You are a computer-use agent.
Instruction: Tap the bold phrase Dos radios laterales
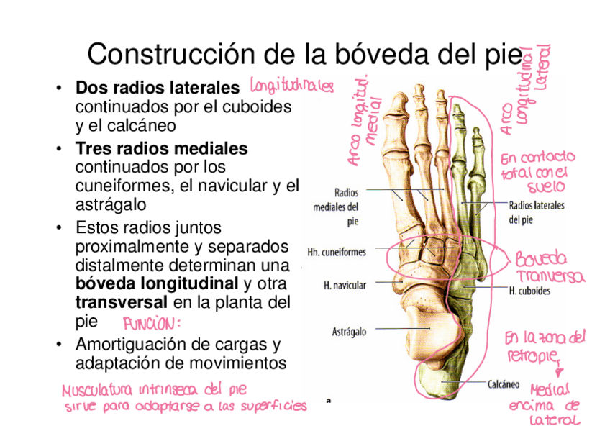pos(158,89)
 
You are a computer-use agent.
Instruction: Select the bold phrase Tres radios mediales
pos(161,149)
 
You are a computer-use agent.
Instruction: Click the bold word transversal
pos(122,301)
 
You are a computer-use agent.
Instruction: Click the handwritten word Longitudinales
pos(291,87)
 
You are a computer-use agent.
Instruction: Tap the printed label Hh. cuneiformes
pos(337,253)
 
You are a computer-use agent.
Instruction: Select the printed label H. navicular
pos(345,286)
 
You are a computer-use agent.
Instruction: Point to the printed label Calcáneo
pos(504,384)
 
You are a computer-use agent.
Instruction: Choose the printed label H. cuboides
pos(529,291)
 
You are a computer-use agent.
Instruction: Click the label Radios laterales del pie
pos(537,212)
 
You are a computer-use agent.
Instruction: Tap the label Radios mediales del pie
pos(337,207)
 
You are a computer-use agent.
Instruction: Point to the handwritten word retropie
pos(534,356)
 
